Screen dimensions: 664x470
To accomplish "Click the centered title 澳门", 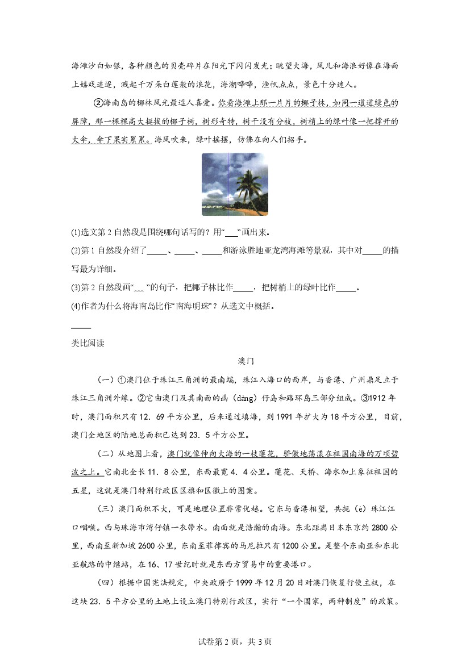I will [246, 361].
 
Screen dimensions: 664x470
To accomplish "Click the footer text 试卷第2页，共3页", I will [235, 642].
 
